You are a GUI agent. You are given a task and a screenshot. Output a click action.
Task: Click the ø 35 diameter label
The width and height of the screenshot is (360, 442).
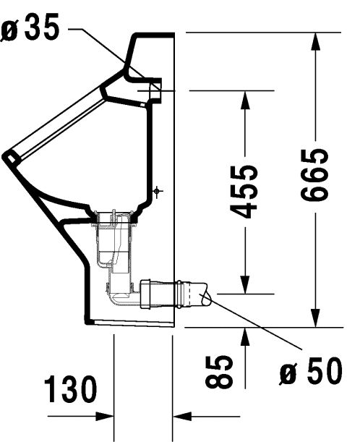(30, 27)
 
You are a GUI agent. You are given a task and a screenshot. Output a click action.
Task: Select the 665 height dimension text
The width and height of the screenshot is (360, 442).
(314, 175)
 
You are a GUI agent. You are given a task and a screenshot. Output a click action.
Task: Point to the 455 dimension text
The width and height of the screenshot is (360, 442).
(244, 192)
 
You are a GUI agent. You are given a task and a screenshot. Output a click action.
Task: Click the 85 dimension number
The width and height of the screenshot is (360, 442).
(219, 372)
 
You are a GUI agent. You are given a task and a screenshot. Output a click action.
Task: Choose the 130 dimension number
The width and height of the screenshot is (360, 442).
(70, 389)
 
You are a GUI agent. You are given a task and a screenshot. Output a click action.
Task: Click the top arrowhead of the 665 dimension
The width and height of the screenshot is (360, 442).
(315, 42)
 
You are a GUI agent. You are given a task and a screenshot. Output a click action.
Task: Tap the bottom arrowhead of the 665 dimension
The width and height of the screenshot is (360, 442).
(315, 318)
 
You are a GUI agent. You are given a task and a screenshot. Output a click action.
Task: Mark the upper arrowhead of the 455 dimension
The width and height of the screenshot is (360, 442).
(245, 100)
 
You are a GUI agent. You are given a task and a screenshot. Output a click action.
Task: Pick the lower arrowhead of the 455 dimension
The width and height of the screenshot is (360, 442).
(245, 284)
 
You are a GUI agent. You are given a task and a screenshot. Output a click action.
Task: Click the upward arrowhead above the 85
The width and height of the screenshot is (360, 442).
(245, 337)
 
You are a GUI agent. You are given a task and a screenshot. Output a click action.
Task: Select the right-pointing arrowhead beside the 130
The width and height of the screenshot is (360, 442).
(105, 416)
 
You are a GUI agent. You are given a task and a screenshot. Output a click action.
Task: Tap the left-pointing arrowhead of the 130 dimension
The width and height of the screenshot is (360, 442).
(182, 416)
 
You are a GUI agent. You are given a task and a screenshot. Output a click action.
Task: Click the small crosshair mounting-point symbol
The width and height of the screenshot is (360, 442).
(157, 192)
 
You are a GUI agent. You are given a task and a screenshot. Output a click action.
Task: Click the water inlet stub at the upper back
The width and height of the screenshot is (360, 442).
(155, 90)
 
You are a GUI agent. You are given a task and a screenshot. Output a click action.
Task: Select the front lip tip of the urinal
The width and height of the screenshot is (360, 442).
(7, 156)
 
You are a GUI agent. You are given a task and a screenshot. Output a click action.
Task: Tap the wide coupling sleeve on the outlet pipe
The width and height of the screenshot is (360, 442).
(145, 294)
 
